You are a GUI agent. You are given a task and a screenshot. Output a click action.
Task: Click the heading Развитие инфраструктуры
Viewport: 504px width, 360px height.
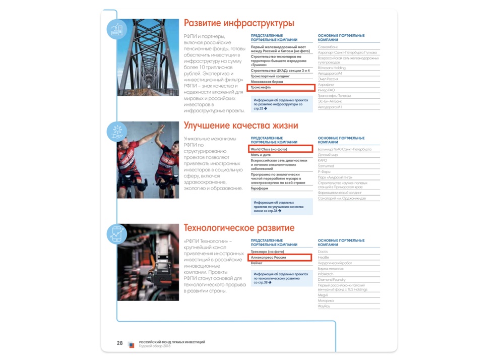click(238, 23)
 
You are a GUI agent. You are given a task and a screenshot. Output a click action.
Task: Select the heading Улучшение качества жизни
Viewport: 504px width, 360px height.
click(241, 126)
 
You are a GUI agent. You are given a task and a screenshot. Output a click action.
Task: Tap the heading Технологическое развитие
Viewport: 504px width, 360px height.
click(239, 228)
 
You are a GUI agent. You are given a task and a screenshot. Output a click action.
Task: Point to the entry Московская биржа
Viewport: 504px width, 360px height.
click(267, 82)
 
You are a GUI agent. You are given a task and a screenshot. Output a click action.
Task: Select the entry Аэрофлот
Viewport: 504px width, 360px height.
click(327, 85)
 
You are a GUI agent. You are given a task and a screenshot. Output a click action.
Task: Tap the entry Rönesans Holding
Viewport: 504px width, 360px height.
click(332, 68)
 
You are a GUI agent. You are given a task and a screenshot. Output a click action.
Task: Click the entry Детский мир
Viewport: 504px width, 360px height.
click(328, 155)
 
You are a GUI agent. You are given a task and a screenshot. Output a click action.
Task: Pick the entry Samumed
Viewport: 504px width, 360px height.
click(326, 166)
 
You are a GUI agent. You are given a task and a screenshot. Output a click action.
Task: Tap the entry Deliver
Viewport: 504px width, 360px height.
click(257, 263)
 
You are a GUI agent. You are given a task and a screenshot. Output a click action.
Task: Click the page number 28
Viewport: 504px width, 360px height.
click(119, 343)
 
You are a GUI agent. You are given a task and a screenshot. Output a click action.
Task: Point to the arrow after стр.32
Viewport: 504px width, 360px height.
click(266, 108)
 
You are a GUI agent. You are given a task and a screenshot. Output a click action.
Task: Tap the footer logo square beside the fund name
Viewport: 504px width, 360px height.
click(132, 344)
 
